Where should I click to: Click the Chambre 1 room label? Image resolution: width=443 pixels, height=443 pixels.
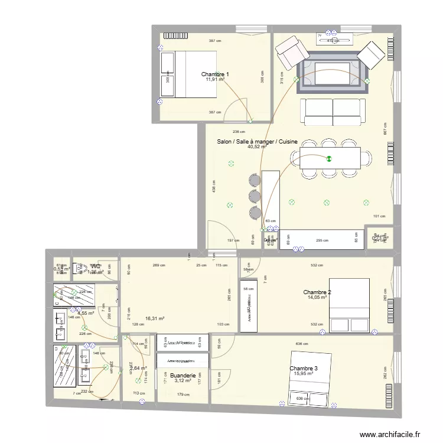[x=215, y=74]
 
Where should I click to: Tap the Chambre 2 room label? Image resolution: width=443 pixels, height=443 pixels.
[x=317, y=292]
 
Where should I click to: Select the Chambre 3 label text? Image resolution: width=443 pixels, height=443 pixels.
[x=304, y=369]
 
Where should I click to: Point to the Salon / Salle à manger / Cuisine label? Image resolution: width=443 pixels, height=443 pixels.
[x=257, y=142]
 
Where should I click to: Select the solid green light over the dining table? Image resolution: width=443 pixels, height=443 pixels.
[x=330, y=158]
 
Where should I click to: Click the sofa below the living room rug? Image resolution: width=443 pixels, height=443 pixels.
[x=333, y=111]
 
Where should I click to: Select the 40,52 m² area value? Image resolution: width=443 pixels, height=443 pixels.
[x=257, y=147]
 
